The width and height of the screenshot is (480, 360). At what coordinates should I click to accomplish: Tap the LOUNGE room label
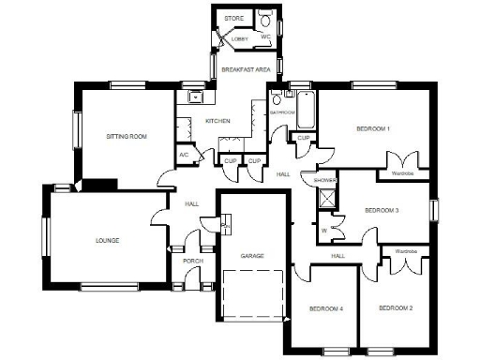[x=108, y=241]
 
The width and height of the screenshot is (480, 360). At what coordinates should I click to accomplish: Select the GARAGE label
[x=250, y=255]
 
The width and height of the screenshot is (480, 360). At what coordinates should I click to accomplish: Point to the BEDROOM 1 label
[x=373, y=128]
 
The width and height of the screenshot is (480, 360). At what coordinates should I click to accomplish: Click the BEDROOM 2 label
[x=397, y=307]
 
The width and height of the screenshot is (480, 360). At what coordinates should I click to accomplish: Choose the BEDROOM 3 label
[x=382, y=211]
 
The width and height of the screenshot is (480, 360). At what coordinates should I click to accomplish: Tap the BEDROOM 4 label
[x=327, y=307]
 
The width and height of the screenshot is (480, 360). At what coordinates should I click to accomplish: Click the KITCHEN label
[x=218, y=121]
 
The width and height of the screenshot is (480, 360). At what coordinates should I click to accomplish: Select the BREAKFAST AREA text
[x=246, y=69]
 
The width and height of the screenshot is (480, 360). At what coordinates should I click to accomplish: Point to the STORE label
[x=234, y=17]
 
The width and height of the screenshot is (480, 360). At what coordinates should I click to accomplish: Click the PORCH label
[x=193, y=261]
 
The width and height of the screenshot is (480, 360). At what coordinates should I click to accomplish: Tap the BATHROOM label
[x=282, y=112]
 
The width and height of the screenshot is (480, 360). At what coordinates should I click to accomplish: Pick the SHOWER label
[x=325, y=180]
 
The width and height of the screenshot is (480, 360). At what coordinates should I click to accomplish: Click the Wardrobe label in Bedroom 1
[x=403, y=173]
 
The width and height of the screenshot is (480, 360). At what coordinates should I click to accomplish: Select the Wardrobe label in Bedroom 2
[x=405, y=251]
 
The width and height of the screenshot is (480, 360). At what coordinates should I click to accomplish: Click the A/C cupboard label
[x=184, y=155]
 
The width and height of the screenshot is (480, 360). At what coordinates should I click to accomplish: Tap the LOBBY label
[x=240, y=38]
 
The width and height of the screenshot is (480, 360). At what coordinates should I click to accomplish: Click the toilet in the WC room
[x=267, y=21]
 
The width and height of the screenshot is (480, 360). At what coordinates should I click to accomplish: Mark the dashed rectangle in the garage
[x=253, y=298]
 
